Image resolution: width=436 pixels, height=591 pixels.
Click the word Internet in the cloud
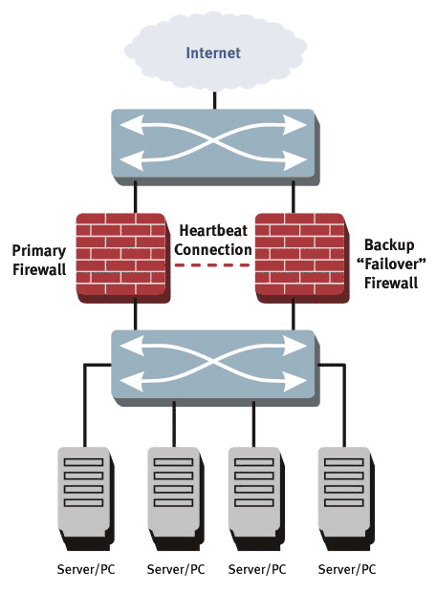pyautogui.click(x=213, y=53)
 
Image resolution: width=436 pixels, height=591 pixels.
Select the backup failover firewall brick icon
pyautogui.click(x=302, y=258)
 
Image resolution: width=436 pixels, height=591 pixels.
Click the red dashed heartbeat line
pyautogui.click(x=212, y=265)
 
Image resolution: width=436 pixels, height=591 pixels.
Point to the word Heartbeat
pyautogui.click(x=213, y=230)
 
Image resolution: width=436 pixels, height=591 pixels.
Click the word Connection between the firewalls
pyautogui.click(x=213, y=249)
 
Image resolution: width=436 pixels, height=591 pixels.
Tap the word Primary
pyautogui.click(x=39, y=251)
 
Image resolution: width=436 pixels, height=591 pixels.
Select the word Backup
pyautogui.click(x=389, y=245)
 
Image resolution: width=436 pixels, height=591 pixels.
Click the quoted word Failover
pyautogui.click(x=391, y=264)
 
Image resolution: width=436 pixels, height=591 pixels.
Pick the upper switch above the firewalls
pyautogui.click(x=215, y=147)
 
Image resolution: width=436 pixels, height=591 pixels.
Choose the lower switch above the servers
pyautogui.click(x=215, y=368)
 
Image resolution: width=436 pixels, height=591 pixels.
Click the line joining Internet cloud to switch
pyautogui.click(x=215, y=100)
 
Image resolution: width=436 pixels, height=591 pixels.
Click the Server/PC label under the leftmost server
pyautogui.click(x=86, y=569)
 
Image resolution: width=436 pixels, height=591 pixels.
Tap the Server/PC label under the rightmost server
pyautogui.click(x=347, y=569)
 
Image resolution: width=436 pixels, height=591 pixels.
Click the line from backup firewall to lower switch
pyautogui.click(x=294, y=314)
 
